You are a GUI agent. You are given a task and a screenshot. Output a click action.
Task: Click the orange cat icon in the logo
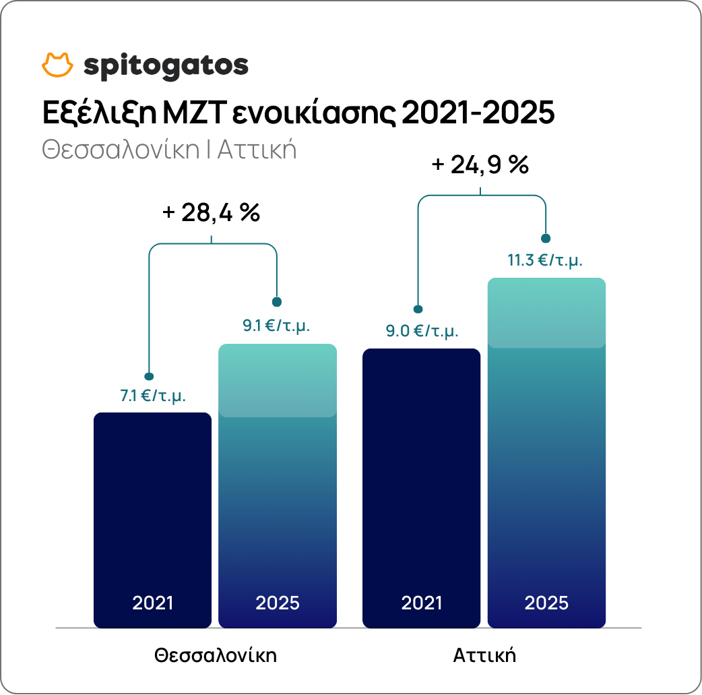click(57, 65)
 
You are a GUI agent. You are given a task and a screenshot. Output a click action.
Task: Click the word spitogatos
click(166, 66)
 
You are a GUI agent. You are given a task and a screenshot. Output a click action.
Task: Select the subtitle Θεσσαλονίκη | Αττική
click(169, 149)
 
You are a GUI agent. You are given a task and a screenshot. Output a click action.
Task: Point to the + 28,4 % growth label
click(212, 212)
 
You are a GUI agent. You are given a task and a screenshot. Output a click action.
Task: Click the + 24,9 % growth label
click(480, 165)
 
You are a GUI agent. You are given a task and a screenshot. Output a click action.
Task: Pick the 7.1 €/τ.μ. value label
click(153, 396)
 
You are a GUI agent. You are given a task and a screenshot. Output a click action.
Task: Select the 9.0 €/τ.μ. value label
click(422, 331)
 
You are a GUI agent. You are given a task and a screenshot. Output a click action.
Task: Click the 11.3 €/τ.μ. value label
click(545, 260)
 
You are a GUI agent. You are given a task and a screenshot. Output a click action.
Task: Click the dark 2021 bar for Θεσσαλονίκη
click(152, 506)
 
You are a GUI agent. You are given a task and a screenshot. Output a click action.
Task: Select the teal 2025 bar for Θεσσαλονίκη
click(278, 485)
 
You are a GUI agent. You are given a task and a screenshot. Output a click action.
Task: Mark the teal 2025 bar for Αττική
click(546, 452)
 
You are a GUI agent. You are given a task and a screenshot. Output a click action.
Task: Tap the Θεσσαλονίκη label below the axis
click(216, 655)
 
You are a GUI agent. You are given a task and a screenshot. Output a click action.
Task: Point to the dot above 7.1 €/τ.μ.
click(150, 376)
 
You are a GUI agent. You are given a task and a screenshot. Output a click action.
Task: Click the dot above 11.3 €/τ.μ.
click(546, 239)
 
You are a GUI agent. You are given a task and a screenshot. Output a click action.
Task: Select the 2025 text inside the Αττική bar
click(546, 603)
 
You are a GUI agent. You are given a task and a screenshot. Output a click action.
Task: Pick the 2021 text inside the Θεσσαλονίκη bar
click(152, 603)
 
